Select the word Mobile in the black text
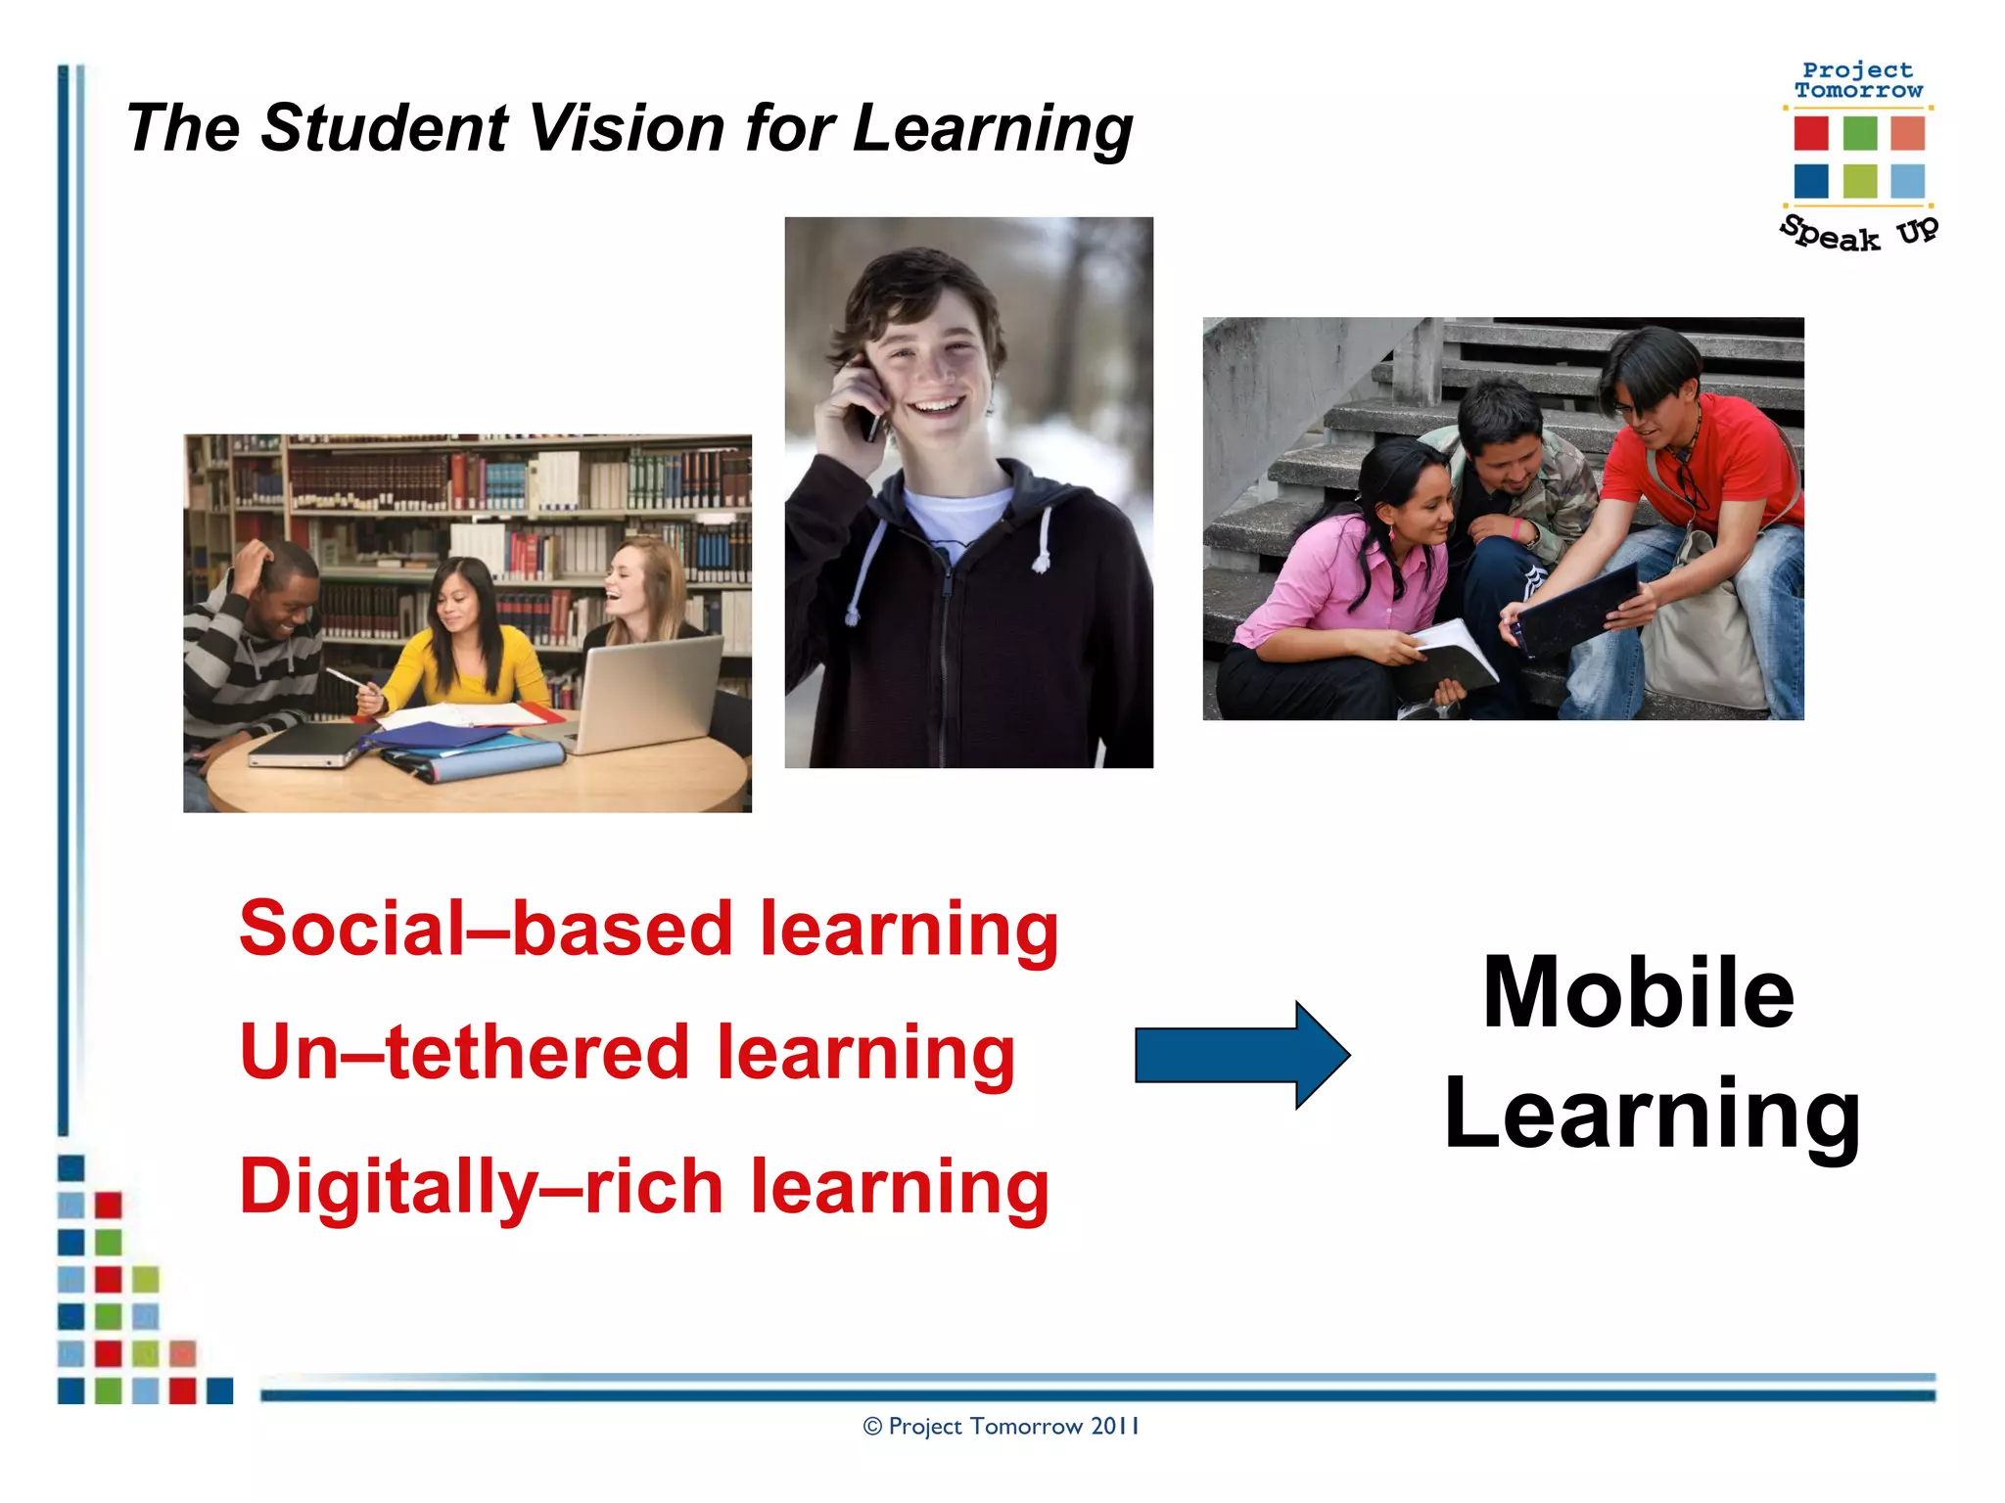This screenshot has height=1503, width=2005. (1638, 992)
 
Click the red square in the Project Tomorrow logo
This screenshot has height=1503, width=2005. (1811, 133)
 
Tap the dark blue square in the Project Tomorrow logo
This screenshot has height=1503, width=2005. (1811, 181)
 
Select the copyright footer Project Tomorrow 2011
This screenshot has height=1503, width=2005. (1001, 1427)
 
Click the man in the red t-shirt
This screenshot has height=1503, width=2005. (1703, 489)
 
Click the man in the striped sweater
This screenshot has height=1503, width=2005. (255, 646)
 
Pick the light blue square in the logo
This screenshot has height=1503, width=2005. (1907, 181)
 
